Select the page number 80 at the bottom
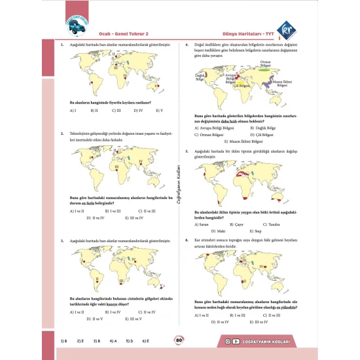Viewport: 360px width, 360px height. [x=178, y=340]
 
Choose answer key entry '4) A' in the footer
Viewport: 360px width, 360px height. [x=113, y=340]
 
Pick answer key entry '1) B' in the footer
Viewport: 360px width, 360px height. [x=63, y=340]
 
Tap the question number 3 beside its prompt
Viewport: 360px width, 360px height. [x=62, y=242]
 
